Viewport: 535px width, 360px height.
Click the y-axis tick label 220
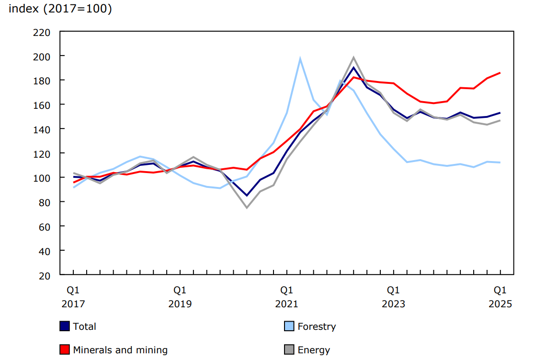[x=42, y=32]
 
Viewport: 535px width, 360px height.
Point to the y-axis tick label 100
[x=42, y=178]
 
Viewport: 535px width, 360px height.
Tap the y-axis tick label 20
[x=44, y=275]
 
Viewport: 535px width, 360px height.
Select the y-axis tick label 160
[x=42, y=105]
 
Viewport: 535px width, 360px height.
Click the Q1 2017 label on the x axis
[x=73, y=297]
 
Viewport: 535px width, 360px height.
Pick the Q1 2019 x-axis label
[x=180, y=297]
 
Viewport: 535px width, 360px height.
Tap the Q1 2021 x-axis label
[x=286, y=297]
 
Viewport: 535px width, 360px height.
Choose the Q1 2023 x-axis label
[x=393, y=297]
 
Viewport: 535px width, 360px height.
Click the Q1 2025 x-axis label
[x=500, y=297]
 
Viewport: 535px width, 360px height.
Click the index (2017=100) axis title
[x=60, y=9]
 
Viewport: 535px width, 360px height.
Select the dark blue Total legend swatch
[x=65, y=326]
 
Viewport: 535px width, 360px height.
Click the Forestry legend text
[x=317, y=326]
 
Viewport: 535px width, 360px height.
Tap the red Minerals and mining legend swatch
[x=65, y=350]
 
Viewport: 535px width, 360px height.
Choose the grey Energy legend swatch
[x=289, y=350]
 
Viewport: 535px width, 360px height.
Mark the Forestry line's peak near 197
[x=300, y=59]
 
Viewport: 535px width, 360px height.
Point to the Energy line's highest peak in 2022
[x=353, y=58]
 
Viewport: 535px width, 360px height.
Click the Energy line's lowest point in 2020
[x=247, y=208]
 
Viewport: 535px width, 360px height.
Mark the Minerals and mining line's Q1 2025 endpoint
[x=500, y=73]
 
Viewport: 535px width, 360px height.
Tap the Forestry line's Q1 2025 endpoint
[x=500, y=163]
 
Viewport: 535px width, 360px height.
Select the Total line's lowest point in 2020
[x=247, y=196]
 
